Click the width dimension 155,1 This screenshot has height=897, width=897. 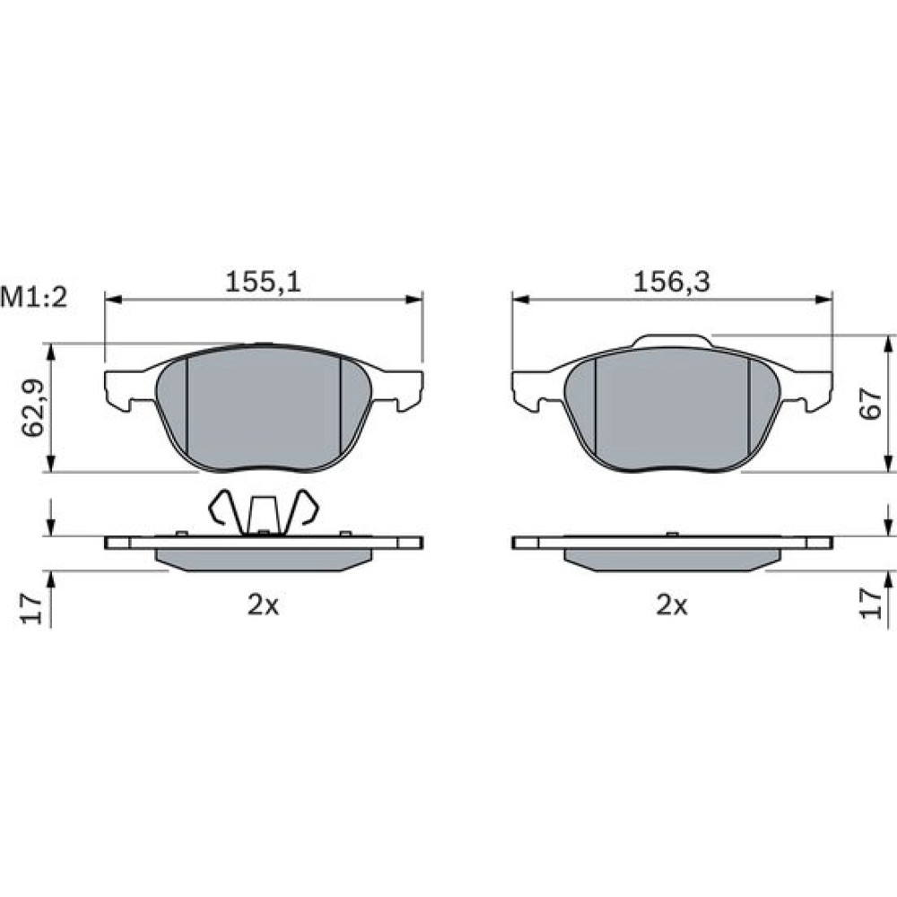[x=263, y=282]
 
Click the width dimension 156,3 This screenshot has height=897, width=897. [x=672, y=282]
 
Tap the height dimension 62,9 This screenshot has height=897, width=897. [x=33, y=408]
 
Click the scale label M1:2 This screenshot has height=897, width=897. [x=34, y=298]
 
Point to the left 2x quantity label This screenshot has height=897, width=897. [x=263, y=605]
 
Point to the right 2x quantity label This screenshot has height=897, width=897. [x=672, y=605]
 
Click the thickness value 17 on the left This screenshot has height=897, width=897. [x=31, y=607]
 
